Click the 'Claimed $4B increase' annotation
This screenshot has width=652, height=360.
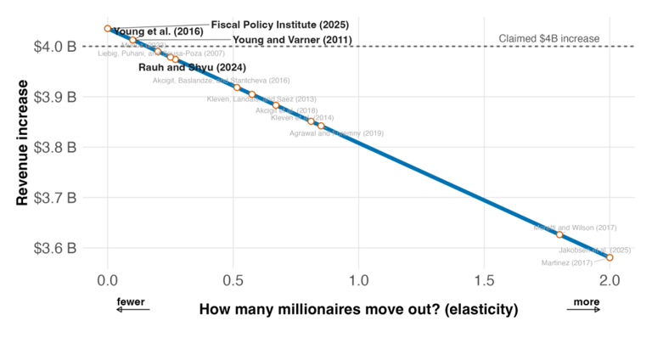[x=549, y=38]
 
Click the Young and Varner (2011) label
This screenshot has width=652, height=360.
[x=289, y=39]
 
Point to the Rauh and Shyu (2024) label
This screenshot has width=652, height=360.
[x=192, y=66]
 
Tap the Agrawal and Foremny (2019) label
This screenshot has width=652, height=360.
[x=336, y=133]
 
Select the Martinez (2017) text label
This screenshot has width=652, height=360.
[x=566, y=262]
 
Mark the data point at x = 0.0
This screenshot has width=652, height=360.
[x=107, y=28]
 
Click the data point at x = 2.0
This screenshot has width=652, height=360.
[x=610, y=257]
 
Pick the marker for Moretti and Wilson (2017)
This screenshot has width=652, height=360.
[x=559, y=234]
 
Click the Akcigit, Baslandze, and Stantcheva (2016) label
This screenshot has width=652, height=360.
[x=221, y=80]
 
